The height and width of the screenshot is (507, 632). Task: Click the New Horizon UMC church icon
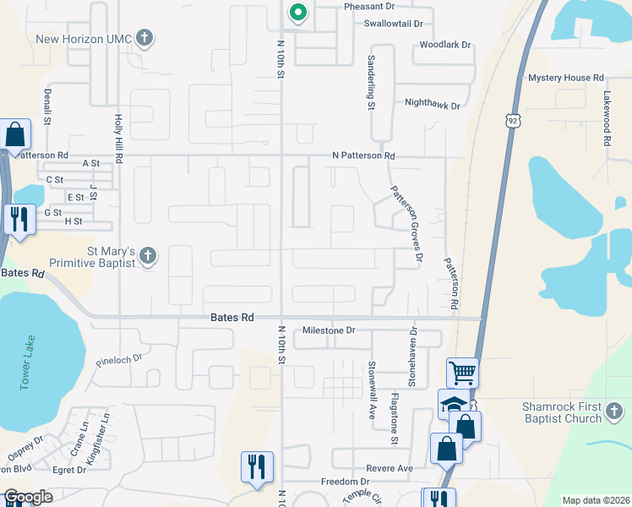point(145,38)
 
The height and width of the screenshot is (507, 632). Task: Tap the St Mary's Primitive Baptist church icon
point(148,255)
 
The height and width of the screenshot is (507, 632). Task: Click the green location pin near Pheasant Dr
point(297,13)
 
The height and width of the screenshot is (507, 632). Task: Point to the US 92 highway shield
point(513,122)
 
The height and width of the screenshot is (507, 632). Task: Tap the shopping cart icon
point(462,372)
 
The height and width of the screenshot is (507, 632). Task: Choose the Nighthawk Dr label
point(433,106)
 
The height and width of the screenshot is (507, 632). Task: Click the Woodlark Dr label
point(445,44)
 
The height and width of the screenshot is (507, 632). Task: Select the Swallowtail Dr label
point(393,24)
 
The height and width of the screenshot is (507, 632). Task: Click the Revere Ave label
point(390,468)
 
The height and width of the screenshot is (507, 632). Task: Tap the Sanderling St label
point(370,83)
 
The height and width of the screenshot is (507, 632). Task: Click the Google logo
point(28,497)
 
